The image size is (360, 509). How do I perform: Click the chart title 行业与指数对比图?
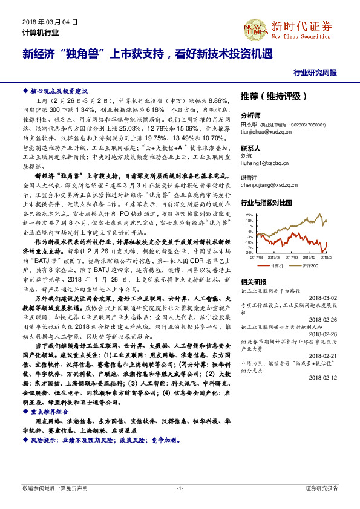click(266, 203)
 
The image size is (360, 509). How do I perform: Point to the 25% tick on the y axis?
click(249, 215)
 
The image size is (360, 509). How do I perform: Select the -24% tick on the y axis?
click(249, 252)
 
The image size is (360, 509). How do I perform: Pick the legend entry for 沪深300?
click(307, 265)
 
